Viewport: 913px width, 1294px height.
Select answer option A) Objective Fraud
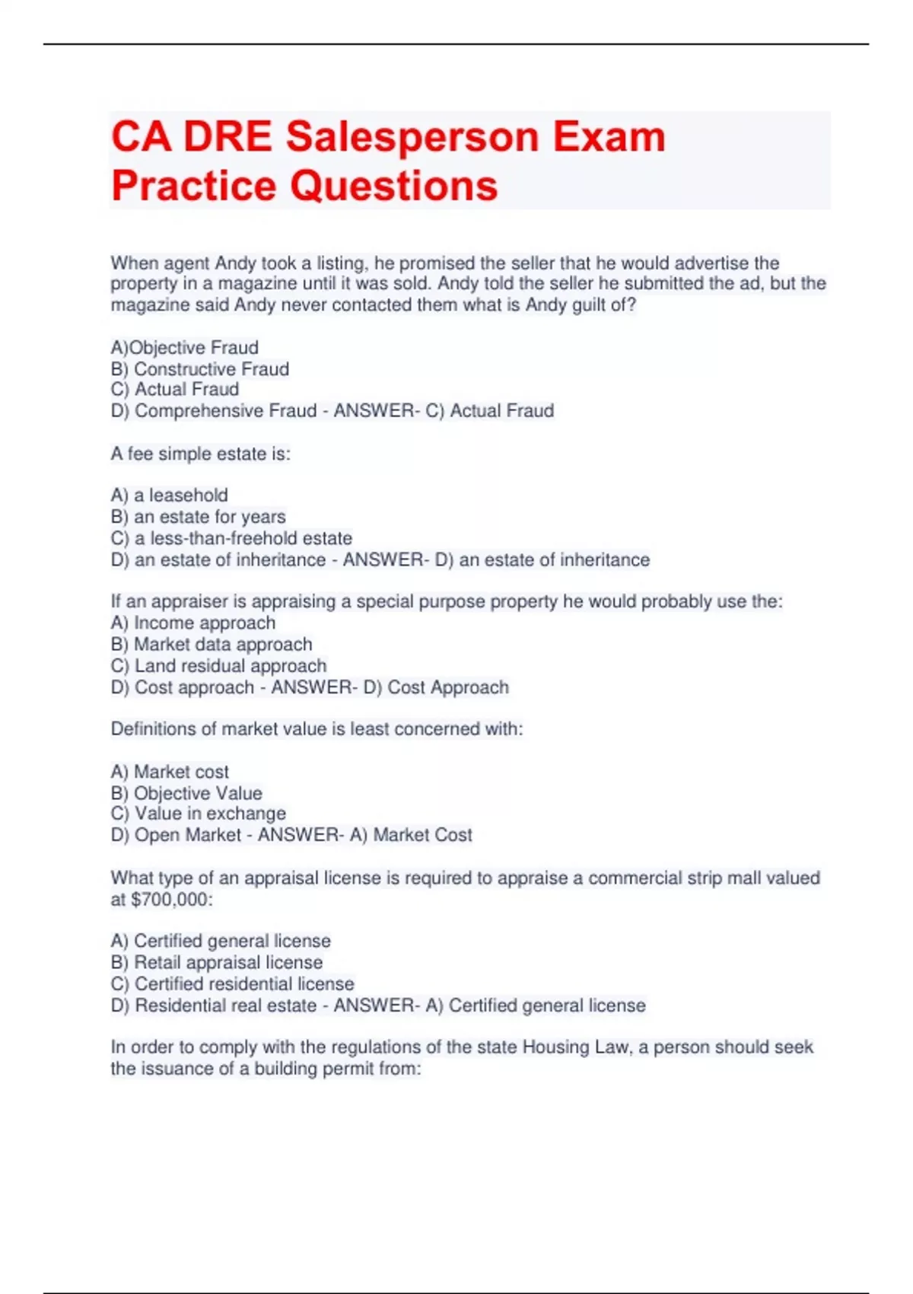point(185,348)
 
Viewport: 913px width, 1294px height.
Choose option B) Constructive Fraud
point(200,369)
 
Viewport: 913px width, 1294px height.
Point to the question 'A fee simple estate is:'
point(201,454)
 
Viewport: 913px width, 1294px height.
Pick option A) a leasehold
point(170,496)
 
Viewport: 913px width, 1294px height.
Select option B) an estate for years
point(199,517)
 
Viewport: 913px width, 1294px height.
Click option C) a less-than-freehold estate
point(231,538)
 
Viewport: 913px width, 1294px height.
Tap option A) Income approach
point(193,623)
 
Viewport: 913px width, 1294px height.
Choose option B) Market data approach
point(212,644)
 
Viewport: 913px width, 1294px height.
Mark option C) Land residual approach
point(218,666)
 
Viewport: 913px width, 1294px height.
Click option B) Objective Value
point(186,793)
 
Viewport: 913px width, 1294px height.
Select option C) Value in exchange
point(199,814)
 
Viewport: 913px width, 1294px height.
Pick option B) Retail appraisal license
point(217,962)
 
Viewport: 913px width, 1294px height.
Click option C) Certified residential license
point(232,983)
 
